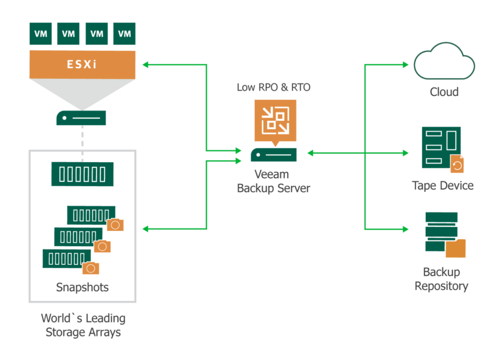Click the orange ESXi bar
pyautogui.click(x=82, y=64)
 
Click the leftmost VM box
pyautogui.click(x=41, y=34)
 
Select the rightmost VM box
pyautogui.click(x=125, y=34)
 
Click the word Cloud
pyautogui.click(x=444, y=92)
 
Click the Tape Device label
pyautogui.click(x=442, y=186)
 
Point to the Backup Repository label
pyautogui.click(x=441, y=279)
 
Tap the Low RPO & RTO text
pyautogui.click(x=273, y=87)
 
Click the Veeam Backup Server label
pyautogui.click(x=273, y=181)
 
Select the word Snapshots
pyautogui.click(x=82, y=287)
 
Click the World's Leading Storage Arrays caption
pyautogui.click(x=83, y=325)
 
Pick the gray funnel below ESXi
pyautogui.click(x=82, y=93)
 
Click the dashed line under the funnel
pyautogui.click(x=82, y=142)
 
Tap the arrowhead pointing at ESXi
pyautogui.click(x=145, y=64)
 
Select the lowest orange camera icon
pyautogui.click(x=91, y=268)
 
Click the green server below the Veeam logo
pyautogui.click(x=273, y=154)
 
